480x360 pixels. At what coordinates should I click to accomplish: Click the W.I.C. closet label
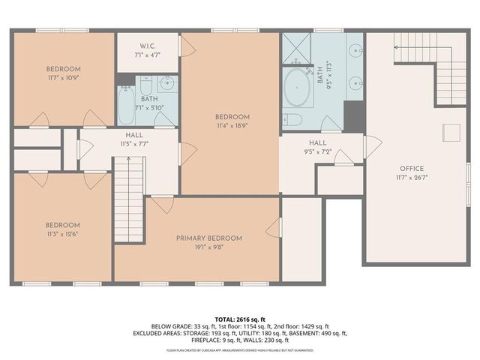pyautogui.click(x=148, y=44)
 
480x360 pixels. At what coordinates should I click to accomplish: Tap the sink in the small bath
pyautogui.click(x=167, y=82)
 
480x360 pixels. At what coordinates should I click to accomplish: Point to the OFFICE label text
pyautogui.click(x=412, y=168)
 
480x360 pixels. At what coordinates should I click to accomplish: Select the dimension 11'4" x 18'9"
pyautogui.click(x=232, y=126)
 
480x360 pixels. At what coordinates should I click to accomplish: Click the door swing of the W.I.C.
pyautogui.click(x=187, y=46)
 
